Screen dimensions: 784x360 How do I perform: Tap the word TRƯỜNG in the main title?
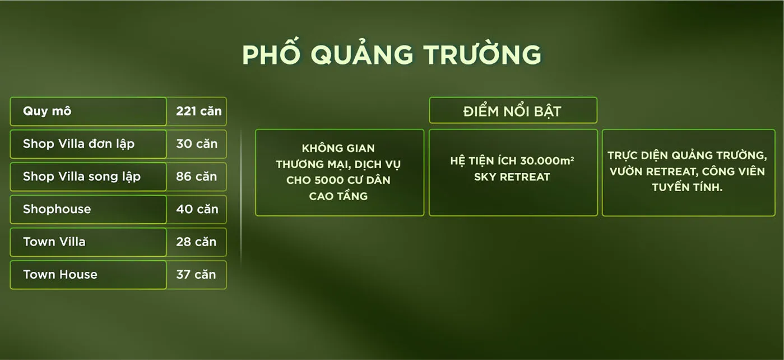click(483, 53)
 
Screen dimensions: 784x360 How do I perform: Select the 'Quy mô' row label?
click(47, 111)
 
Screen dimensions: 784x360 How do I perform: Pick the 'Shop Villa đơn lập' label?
click(79, 144)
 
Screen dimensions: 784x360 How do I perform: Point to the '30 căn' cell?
click(197, 144)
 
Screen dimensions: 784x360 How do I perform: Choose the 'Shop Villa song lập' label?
click(82, 177)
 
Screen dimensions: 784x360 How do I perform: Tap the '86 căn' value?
click(196, 177)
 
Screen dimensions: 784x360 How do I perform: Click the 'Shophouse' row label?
click(57, 209)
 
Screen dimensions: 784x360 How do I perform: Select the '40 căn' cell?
click(197, 209)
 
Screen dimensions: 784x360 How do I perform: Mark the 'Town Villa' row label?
click(54, 242)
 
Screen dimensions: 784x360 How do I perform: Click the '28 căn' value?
click(196, 242)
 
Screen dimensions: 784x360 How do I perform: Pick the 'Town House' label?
click(60, 275)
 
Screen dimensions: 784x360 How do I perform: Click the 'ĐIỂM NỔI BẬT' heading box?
click(513, 110)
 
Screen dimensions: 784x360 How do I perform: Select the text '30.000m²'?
click(547, 161)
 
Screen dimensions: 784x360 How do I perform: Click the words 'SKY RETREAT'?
click(512, 177)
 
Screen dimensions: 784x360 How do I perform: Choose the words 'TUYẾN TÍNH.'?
click(687, 187)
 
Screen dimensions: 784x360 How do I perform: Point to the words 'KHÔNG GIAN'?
click(338, 148)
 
